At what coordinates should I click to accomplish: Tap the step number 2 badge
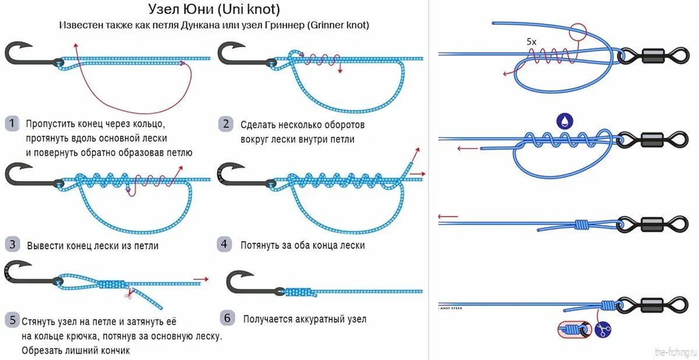click(x=225, y=123)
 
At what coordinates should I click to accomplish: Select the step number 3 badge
click(x=12, y=245)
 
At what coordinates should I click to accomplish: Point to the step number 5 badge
click(x=12, y=320)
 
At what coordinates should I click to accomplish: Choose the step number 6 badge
click(x=228, y=318)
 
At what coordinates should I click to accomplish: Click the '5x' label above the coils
click(x=531, y=42)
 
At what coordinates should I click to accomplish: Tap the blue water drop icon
click(x=564, y=121)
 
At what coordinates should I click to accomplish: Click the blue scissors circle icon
click(x=603, y=330)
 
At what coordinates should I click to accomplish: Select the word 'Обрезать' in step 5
click(x=41, y=350)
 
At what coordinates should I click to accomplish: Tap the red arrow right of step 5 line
click(x=200, y=280)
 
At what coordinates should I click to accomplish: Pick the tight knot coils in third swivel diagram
click(x=580, y=225)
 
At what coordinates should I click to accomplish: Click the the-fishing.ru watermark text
click(x=675, y=352)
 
